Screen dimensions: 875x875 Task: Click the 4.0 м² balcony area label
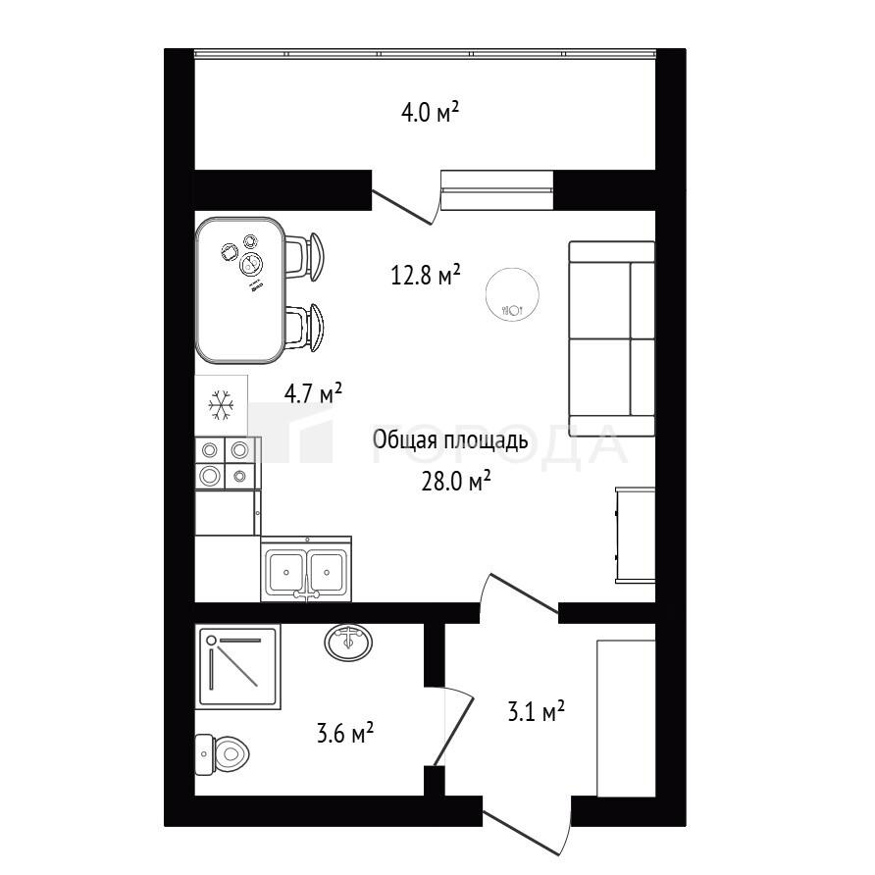tap(430, 113)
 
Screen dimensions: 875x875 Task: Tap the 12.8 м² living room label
tap(425, 275)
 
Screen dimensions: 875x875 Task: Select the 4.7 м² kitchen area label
tap(313, 393)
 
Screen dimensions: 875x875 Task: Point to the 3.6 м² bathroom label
tap(345, 733)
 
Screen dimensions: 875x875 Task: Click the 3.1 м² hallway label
tap(536, 711)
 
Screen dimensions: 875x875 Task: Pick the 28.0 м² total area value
tap(456, 481)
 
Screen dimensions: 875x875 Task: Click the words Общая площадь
tap(450, 440)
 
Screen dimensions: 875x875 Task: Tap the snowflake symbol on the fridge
tap(221, 405)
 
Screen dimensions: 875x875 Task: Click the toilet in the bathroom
tap(222, 754)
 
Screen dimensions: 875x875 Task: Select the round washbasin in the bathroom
tap(348, 643)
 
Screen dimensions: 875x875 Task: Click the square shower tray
tap(237, 666)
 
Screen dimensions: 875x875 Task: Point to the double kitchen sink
tap(306, 569)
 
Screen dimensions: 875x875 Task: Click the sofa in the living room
tap(611, 338)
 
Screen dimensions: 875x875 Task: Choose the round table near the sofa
tap(512, 294)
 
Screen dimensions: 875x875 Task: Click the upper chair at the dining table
tap(305, 257)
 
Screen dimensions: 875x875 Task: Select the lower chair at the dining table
tap(305, 328)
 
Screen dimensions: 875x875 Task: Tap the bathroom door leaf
tap(454, 731)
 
